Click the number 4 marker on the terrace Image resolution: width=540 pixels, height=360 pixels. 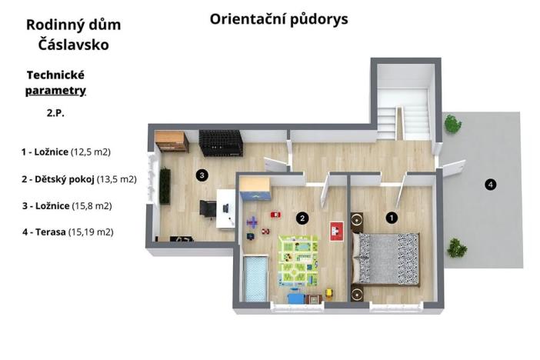pos(490,184)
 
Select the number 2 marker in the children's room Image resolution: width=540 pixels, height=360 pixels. pos(303,218)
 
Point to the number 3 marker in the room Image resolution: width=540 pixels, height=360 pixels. pos(202,175)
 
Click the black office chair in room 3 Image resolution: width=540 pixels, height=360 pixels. pos(208,208)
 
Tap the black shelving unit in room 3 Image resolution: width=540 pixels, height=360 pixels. pos(221,142)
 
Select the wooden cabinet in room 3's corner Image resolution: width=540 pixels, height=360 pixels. pos(169,142)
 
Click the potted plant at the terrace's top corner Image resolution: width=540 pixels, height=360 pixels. pos(452,123)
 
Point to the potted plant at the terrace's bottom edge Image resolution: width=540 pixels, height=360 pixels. pos(456,248)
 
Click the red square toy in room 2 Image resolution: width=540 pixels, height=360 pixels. pos(335,228)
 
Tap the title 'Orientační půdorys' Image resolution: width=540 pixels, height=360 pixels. pos(278,19)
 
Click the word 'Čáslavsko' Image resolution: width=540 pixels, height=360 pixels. pos(73,45)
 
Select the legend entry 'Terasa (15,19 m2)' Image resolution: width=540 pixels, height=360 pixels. pos(68,231)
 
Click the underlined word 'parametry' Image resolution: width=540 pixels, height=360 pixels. pos(55,91)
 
